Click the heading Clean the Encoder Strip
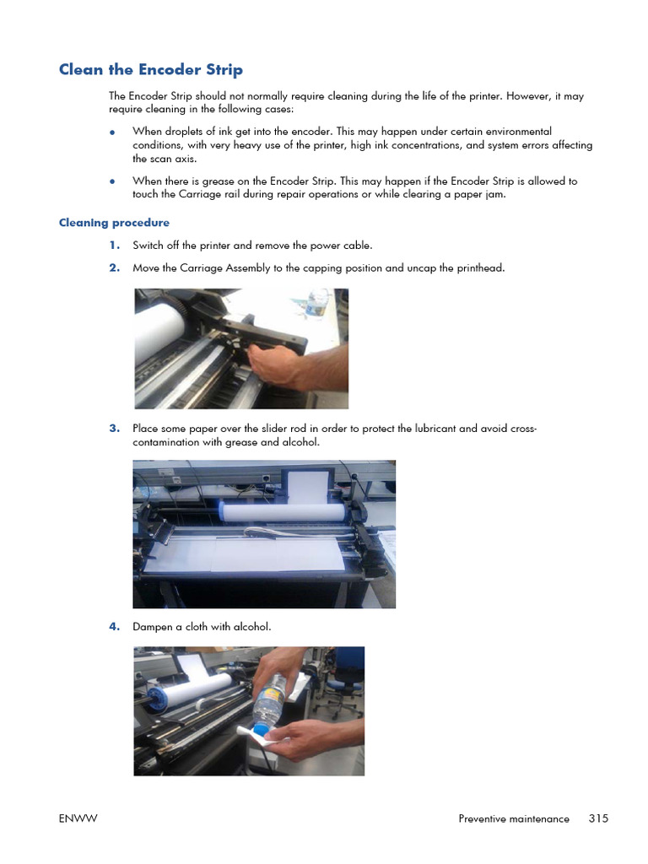click(x=150, y=69)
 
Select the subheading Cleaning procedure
click(x=114, y=223)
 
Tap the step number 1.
click(x=114, y=246)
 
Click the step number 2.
click(x=114, y=267)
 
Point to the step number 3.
click(x=114, y=429)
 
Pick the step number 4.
click(x=114, y=626)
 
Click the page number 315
click(x=598, y=818)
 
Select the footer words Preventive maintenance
click(x=514, y=818)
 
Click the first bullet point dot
click(x=112, y=132)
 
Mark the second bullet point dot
click(x=112, y=181)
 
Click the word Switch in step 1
click(x=148, y=246)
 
